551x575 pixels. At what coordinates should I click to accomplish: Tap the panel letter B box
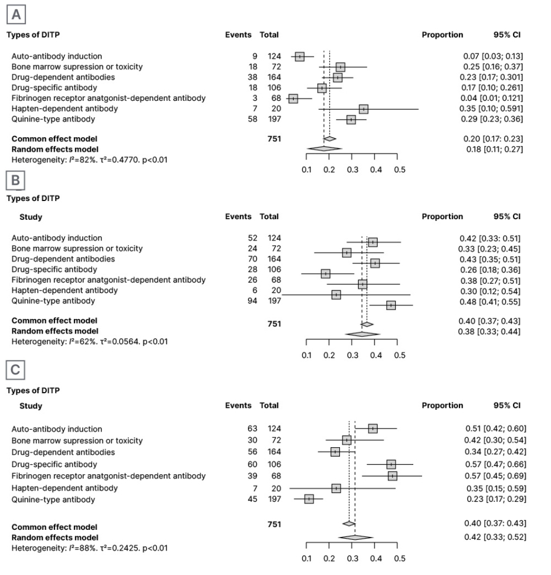coord(16,181)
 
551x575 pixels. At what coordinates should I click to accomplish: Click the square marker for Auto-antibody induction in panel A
coord(300,56)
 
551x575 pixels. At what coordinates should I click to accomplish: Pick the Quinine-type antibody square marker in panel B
coord(391,305)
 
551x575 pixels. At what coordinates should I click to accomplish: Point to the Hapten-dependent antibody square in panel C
coord(336,488)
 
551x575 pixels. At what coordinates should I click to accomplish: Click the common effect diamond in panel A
coord(329,139)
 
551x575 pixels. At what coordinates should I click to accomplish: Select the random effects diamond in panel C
coord(355,537)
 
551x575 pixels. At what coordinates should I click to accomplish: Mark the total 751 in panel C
coord(274,525)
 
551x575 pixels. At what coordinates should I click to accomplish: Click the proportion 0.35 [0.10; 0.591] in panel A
coord(492,109)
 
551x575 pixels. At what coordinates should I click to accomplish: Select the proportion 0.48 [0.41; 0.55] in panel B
coord(490,301)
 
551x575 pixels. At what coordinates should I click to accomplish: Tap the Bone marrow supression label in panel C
coord(77,441)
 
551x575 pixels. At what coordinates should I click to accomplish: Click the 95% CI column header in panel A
coord(506,35)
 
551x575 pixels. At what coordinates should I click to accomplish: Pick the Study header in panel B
coord(30,217)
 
